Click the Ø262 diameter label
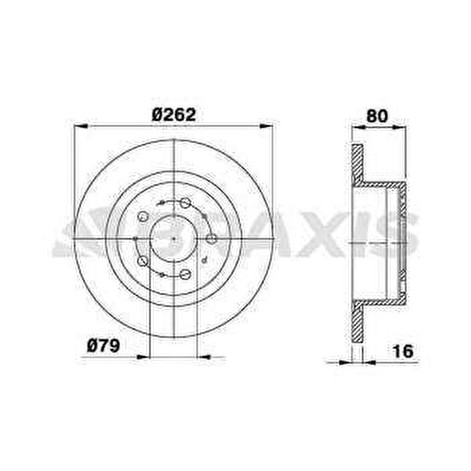click(x=174, y=115)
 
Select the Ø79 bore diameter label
click(x=103, y=346)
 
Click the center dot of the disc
click(x=174, y=239)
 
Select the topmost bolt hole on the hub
click(x=185, y=203)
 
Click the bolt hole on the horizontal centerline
click(x=211, y=239)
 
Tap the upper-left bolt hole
click(x=142, y=217)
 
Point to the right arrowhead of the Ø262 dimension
click(x=267, y=126)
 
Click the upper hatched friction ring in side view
click(x=357, y=164)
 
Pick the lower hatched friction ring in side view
click(x=357, y=323)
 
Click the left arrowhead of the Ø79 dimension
click(x=142, y=356)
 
